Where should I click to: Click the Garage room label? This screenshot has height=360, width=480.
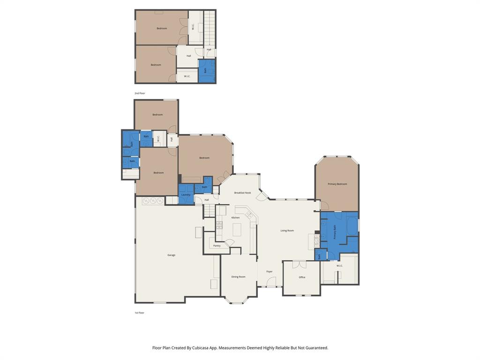click(x=172, y=255)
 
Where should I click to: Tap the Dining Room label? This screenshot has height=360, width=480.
click(x=238, y=277)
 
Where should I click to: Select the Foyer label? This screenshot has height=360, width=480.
click(x=270, y=271)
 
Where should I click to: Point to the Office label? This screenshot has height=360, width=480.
click(x=302, y=277)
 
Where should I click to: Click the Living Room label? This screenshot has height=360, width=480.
click(x=287, y=231)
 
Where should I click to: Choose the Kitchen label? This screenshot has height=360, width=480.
click(x=235, y=217)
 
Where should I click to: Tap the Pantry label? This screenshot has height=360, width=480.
click(x=217, y=246)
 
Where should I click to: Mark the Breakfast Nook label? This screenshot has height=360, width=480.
click(x=242, y=193)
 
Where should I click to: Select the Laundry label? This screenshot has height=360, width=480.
click(x=186, y=195)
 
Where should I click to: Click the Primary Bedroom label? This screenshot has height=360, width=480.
click(x=337, y=184)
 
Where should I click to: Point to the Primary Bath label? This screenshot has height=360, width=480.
click(x=335, y=232)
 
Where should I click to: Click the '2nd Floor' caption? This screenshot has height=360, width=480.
click(x=140, y=93)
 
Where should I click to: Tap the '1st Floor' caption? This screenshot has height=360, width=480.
click(x=139, y=313)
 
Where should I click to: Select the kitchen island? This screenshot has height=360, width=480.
click(x=237, y=230)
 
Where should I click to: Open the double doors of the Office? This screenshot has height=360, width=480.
click(x=299, y=264)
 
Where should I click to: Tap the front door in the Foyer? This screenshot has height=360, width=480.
click(x=271, y=283)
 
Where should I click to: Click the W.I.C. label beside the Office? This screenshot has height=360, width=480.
click(x=339, y=266)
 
